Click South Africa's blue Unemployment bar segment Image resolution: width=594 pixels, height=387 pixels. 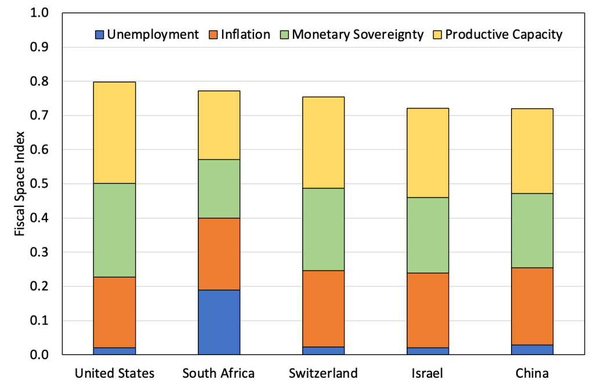point(219,322)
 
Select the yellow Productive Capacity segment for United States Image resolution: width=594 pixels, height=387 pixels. point(114,133)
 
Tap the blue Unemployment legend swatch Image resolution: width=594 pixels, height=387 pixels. point(100,35)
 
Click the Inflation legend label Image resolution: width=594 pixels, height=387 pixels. point(245,35)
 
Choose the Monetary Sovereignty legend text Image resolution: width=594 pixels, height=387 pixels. point(358,35)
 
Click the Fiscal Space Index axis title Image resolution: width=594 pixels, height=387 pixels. point(20,184)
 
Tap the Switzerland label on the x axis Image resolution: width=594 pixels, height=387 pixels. point(323,372)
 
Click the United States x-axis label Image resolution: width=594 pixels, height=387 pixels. point(114,372)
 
